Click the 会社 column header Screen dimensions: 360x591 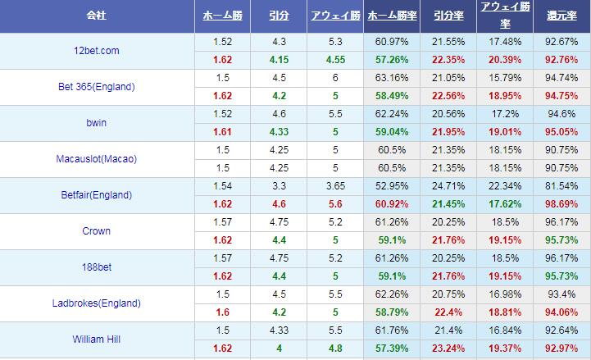tap(98, 16)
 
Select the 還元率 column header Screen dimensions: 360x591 tap(561, 16)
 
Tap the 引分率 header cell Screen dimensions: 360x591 tap(448, 16)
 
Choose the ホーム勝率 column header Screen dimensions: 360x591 tap(391, 16)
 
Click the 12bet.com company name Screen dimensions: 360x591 tap(98, 51)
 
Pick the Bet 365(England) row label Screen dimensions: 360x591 tap(98, 87)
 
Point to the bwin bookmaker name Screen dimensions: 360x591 tap(98, 123)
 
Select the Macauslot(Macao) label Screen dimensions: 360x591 tap(98, 159)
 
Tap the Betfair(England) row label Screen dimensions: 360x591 tap(98, 195)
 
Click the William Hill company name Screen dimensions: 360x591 tap(98, 339)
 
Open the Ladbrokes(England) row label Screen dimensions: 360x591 tap(98, 303)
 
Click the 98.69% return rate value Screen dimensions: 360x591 tap(561, 204)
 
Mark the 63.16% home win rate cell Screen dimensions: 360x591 tap(391, 78)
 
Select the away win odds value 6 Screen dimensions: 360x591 tap(335, 78)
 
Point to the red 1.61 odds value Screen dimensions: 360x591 tap(222, 132)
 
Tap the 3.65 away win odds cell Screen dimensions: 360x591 tap(335, 186)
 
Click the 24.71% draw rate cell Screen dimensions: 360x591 tap(448, 186)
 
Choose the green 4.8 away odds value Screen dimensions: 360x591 tap(335, 349)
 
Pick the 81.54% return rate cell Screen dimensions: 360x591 tap(561, 186)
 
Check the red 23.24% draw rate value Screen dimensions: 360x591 tap(448, 349)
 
